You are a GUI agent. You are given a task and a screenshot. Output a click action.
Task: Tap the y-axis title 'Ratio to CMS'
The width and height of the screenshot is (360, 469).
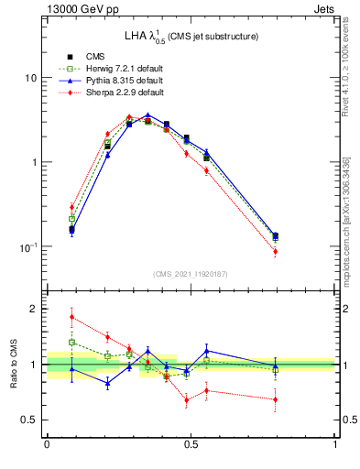14,364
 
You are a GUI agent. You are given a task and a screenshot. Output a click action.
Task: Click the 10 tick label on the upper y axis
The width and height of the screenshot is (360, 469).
29,78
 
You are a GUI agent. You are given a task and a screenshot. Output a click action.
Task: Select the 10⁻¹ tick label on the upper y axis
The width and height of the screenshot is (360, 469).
27,246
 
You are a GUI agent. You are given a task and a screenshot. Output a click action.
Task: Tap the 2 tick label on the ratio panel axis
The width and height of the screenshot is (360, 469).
34,309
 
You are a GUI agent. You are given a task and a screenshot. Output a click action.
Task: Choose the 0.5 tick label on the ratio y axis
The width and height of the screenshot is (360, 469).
29,420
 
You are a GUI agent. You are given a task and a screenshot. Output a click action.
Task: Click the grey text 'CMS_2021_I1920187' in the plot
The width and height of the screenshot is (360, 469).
191,273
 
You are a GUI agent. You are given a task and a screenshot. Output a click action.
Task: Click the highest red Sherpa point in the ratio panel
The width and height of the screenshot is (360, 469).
72,317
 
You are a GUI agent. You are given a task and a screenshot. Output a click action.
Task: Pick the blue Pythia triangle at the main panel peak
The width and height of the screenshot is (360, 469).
147,115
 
